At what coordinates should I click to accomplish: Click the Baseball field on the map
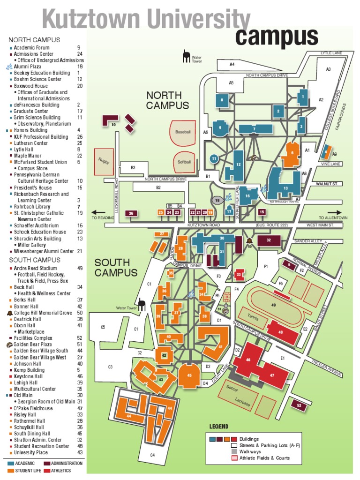183,132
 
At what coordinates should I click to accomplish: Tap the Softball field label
184,162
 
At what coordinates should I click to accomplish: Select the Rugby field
104,160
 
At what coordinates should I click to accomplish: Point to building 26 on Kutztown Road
131,214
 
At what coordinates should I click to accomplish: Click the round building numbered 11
214,159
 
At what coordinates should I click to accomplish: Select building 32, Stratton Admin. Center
269,240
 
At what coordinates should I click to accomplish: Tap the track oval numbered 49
274,305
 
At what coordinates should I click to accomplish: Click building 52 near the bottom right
299,405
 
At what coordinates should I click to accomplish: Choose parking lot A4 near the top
232,64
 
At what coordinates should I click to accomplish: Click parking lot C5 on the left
103,327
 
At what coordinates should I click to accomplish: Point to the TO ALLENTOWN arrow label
332,217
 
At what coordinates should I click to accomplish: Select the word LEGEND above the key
219,427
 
